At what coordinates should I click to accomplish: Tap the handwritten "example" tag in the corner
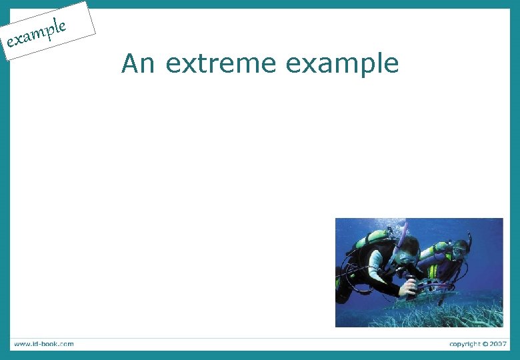point(37,35)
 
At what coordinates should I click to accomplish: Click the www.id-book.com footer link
point(43,344)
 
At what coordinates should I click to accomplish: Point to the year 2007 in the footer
point(496,344)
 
